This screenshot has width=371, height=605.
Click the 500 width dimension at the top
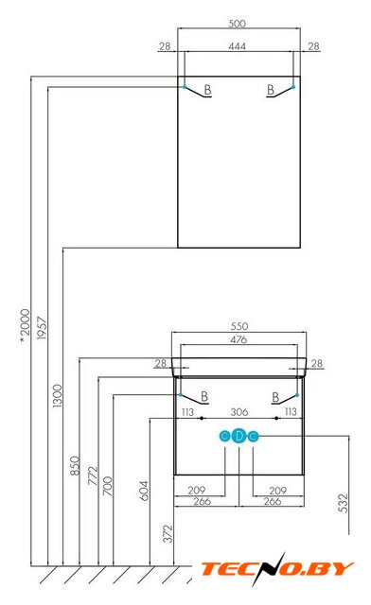pos(237,24)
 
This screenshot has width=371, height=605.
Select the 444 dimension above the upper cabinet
pos(237,46)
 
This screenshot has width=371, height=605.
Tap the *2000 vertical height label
pos(25,325)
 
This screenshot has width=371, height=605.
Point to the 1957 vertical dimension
pos(42,328)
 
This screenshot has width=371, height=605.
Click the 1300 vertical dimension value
pos(57,395)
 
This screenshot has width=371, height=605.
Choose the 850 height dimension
pos(75,465)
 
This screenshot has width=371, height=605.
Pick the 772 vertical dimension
pos(93,475)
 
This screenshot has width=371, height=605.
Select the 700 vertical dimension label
pos(108,486)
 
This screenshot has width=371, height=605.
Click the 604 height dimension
pos(144,491)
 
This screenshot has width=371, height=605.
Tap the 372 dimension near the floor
pos(168,533)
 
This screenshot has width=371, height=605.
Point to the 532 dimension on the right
pos(343,503)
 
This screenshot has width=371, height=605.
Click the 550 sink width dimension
pos(239,326)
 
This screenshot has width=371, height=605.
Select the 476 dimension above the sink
pos(238,339)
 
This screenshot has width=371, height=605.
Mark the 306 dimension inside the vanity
pos(239,412)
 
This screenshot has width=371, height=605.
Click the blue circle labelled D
pos(239,437)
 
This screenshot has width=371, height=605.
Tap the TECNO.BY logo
pos(277,569)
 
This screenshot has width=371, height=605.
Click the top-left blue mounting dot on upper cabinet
pos(185,87)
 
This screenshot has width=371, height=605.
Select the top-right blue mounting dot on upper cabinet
pos(293,87)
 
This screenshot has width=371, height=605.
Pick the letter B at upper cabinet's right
pos(271,90)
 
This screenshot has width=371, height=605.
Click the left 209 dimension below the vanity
pos(197,491)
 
